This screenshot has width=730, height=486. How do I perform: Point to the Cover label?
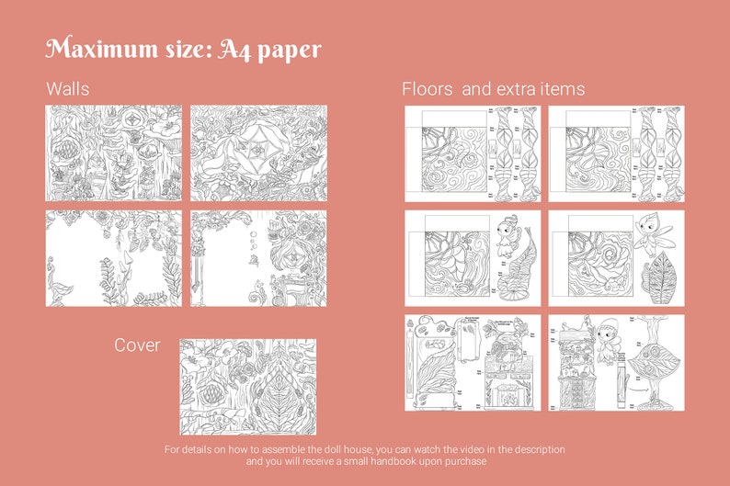(x=137, y=345)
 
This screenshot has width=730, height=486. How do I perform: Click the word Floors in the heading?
(x=427, y=89)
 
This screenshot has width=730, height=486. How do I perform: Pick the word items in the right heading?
(x=558, y=89)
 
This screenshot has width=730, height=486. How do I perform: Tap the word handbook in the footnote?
(x=409, y=461)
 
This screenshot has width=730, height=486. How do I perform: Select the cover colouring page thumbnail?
(x=247, y=386)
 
